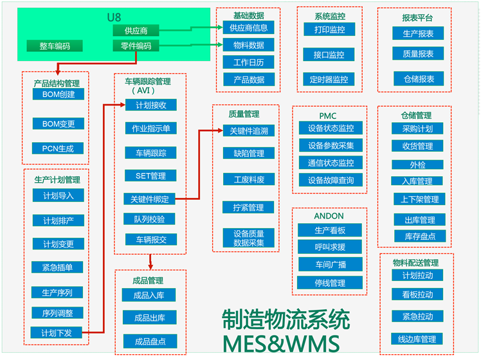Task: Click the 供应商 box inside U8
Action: tap(135, 30)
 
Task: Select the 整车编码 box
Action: tap(54, 46)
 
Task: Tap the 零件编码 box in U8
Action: tap(135, 46)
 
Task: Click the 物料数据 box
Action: tap(248, 45)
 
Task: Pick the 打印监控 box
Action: tap(329, 30)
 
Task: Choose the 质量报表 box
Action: tap(418, 54)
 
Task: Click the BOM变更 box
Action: tap(58, 123)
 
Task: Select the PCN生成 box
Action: tap(58, 148)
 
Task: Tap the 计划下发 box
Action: tap(58, 332)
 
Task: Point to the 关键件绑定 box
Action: tap(149, 199)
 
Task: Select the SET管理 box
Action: tap(150, 175)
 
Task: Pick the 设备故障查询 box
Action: tap(330, 180)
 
